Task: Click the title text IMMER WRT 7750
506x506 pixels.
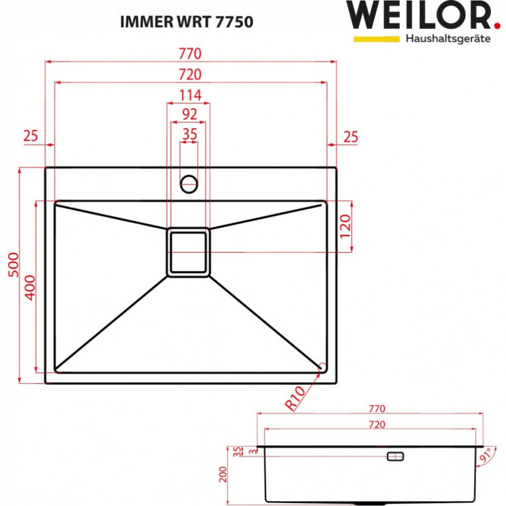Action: tap(186, 22)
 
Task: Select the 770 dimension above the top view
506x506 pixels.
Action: tap(190, 55)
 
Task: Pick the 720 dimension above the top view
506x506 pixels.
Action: tap(190, 75)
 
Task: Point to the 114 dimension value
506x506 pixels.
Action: tap(189, 95)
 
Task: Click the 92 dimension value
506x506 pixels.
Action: tap(189, 113)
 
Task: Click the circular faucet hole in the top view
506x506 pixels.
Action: tap(189, 183)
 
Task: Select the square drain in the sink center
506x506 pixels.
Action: tap(189, 252)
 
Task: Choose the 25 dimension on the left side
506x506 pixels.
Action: tap(30, 135)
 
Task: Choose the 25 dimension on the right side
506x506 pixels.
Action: tap(350, 135)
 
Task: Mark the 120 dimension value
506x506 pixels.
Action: tap(345, 226)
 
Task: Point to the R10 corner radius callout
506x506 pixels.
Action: tap(296, 398)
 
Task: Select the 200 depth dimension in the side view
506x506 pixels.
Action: tap(224, 474)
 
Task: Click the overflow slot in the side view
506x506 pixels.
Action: tap(397, 456)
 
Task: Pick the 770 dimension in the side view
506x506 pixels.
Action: tap(375, 408)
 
